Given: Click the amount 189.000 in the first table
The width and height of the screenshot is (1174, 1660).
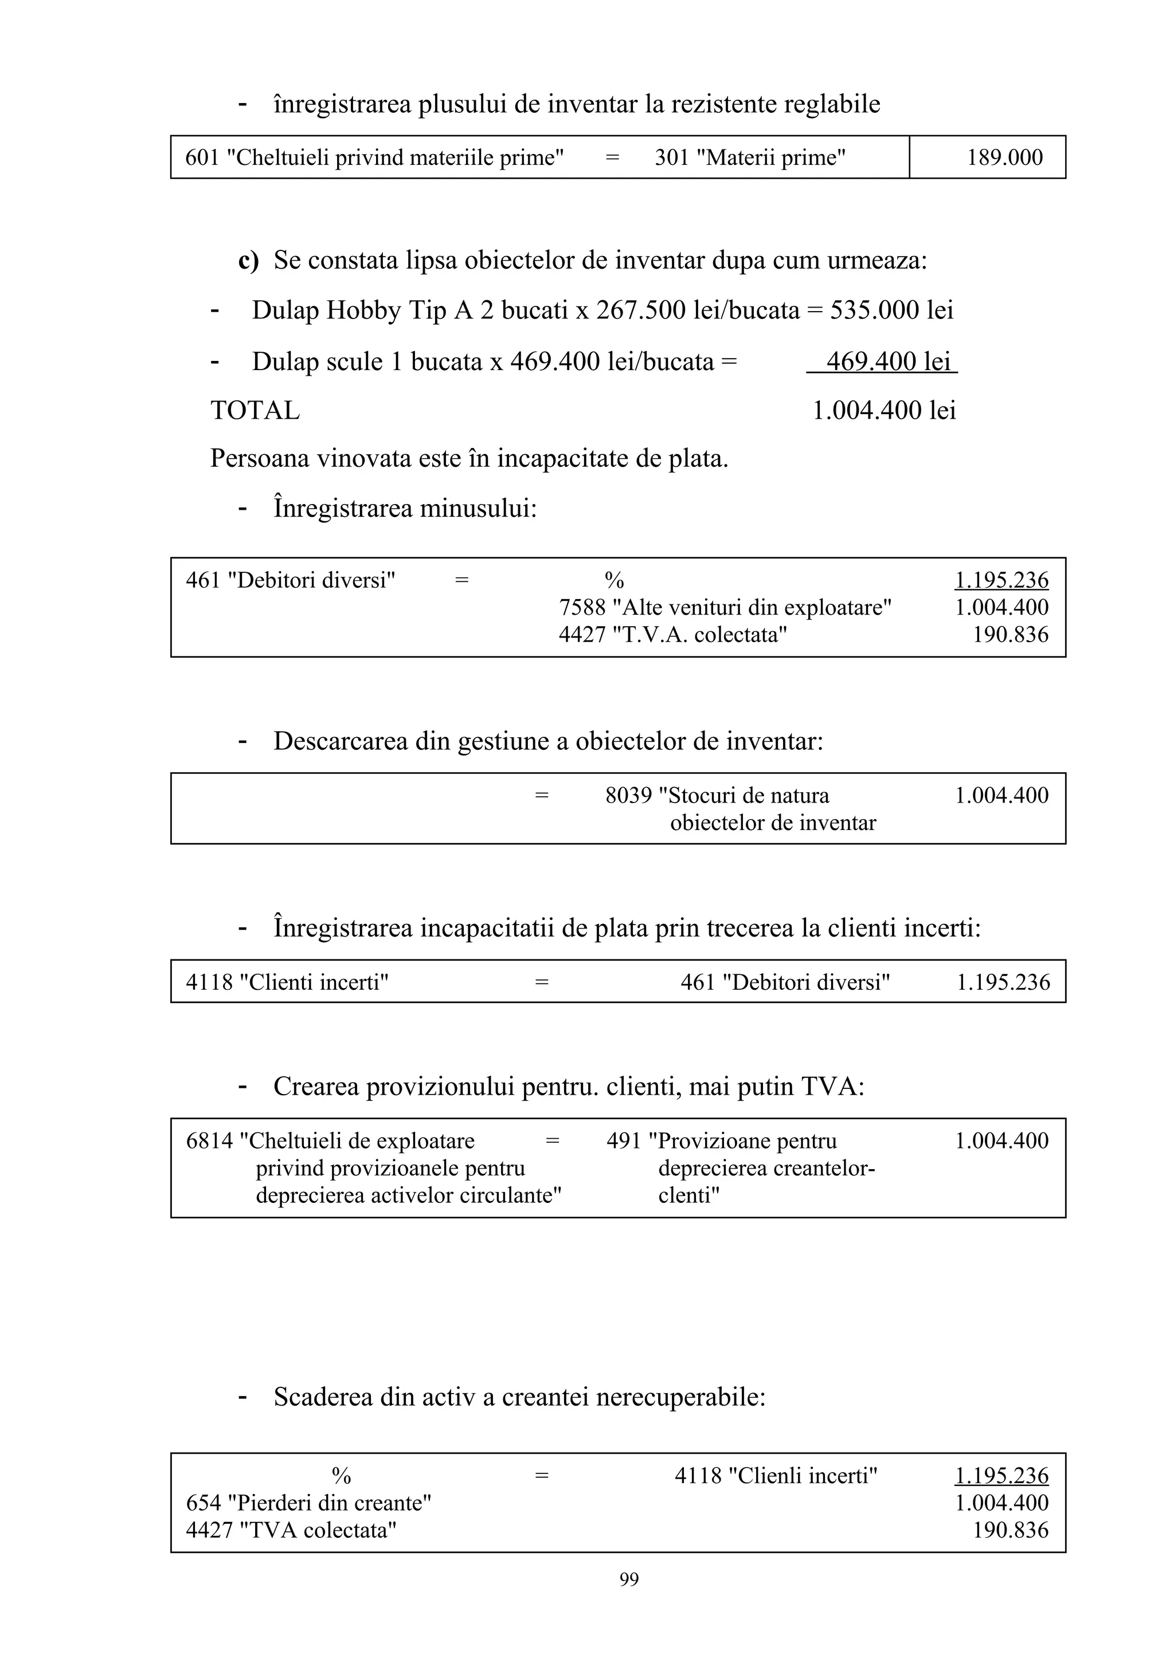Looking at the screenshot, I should pos(1005,158).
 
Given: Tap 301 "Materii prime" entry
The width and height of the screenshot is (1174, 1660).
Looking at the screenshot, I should pos(750,158).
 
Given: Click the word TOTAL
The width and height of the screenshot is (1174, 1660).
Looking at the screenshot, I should pos(255,411).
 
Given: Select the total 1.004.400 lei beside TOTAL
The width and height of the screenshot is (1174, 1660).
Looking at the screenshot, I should pos(884,411).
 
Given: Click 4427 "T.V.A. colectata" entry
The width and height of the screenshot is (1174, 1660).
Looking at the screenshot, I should pos(673,635).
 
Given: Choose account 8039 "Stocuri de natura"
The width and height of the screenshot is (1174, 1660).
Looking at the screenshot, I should pos(717,795).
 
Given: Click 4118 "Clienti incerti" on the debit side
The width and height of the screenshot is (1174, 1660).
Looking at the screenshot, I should pos(287,982).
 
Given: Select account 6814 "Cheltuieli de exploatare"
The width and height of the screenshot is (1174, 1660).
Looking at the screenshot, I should pos(330,1141).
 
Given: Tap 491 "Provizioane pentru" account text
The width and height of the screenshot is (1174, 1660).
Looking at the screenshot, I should pos(721,1141).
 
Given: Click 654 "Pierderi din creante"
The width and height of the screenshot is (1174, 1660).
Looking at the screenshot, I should pos(308,1503).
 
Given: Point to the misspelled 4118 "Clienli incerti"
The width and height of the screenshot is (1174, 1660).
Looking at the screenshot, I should pos(776,1476).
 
